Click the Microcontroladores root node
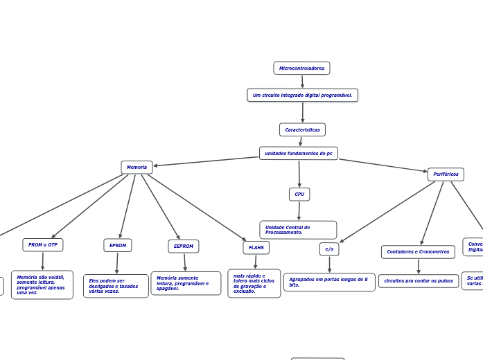301,68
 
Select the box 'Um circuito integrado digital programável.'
302,95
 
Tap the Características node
302,129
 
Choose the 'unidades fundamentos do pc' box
299,153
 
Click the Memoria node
137,167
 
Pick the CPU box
299,194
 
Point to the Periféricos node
446,174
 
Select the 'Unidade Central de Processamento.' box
298,230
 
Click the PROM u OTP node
43,244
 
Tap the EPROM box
118,245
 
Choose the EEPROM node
184,246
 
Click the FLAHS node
256,247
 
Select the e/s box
329,249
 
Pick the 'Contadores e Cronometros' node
418,251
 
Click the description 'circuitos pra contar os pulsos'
419,280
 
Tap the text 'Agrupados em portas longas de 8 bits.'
329,282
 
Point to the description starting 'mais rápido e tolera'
254,283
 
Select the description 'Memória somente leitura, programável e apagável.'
186,283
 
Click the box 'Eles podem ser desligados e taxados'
116,286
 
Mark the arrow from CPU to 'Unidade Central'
299,210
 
